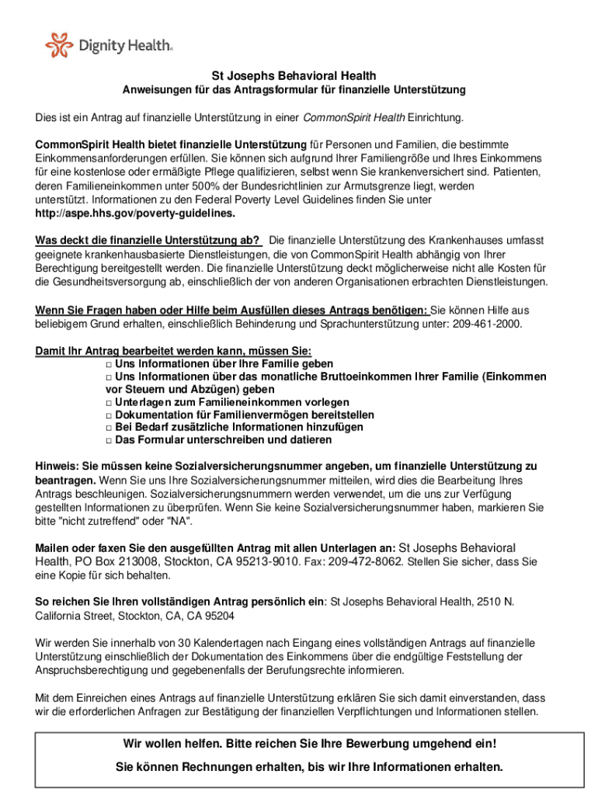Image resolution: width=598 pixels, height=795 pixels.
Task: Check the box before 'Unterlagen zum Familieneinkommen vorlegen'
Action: click(109, 402)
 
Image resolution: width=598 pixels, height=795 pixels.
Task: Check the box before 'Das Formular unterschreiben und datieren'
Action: click(109, 439)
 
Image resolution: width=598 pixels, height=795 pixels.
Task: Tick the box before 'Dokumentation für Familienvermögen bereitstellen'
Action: click(109, 415)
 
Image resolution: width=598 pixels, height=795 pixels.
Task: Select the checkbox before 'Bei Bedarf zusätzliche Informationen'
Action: click(109, 427)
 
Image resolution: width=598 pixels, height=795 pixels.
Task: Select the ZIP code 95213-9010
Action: click(250, 561)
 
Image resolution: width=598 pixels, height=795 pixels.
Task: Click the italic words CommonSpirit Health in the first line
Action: click(353, 118)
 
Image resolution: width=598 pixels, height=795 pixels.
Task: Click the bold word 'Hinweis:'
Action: click(57, 466)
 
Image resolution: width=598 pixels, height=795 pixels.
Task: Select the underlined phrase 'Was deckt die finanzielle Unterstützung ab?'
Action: click(148, 239)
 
